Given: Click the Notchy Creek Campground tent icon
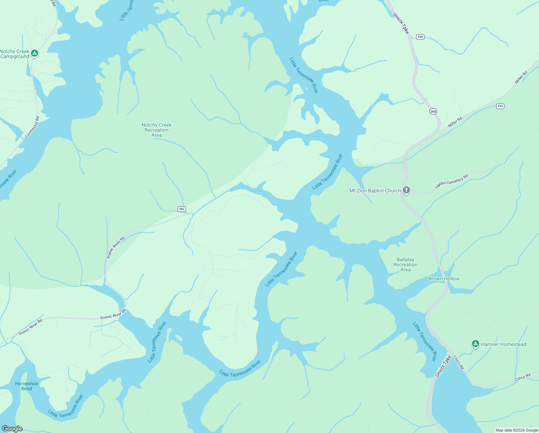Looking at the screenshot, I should coord(35,53).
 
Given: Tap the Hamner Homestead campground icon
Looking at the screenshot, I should coord(475,344).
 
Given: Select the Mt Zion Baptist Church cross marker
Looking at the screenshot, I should coord(406,190).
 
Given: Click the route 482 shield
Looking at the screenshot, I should coord(182,209).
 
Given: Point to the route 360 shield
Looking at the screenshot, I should coord(433,111).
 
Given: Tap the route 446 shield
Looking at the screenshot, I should coord(420,37).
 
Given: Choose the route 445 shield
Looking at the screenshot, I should coord(500,106).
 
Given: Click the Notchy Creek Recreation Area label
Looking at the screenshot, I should coord(156,130).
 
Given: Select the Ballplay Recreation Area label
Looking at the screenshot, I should coord(405,264).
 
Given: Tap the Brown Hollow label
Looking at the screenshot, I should coord(444,279).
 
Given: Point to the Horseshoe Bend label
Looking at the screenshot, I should coord(26,386).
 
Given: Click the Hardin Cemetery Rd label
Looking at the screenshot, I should coord(451,181).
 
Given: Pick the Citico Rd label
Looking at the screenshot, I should coord(523,377).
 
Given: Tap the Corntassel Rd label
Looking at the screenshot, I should coord(32,127).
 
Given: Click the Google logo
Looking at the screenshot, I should coord(12,428).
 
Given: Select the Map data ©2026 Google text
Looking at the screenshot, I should coord(517,430).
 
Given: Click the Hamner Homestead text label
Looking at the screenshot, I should coord(503,344).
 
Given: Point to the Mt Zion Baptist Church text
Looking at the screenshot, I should coord(375,191).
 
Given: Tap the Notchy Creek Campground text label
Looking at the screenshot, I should coord(15,54).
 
